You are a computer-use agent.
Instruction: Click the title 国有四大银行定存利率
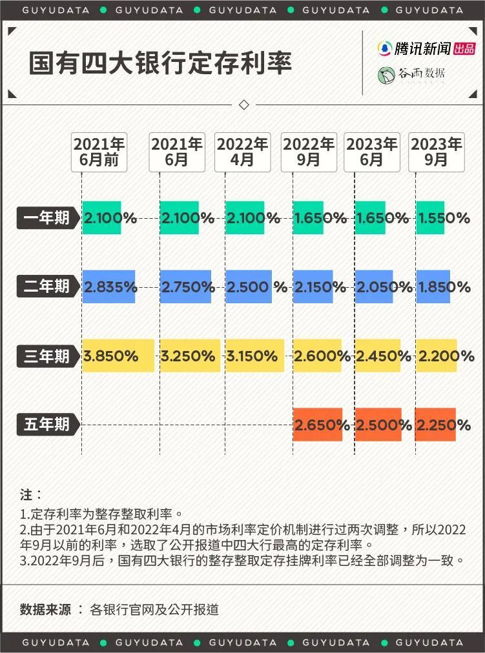161,63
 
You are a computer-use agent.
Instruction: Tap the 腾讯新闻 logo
426,48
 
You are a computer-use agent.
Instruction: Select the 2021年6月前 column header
99,152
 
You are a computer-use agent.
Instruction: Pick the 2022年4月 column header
242,152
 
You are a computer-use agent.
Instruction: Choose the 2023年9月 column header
437,152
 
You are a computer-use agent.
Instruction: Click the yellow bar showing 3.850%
118,356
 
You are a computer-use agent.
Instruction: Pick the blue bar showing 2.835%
108,286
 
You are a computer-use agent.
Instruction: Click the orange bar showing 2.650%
317,425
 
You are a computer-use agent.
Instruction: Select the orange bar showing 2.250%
435,425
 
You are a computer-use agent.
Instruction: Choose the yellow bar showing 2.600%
317,356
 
